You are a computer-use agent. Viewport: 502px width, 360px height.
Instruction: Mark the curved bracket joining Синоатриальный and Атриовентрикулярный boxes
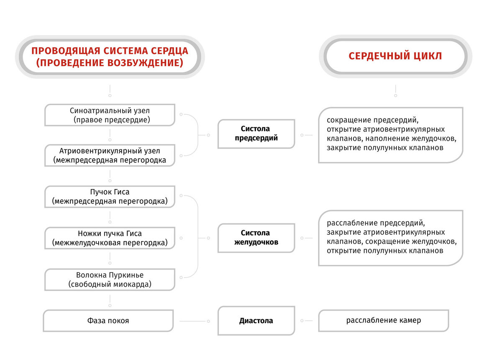(x=198, y=135)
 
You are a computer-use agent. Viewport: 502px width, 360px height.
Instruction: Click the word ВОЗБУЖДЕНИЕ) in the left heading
(x=145, y=63)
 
